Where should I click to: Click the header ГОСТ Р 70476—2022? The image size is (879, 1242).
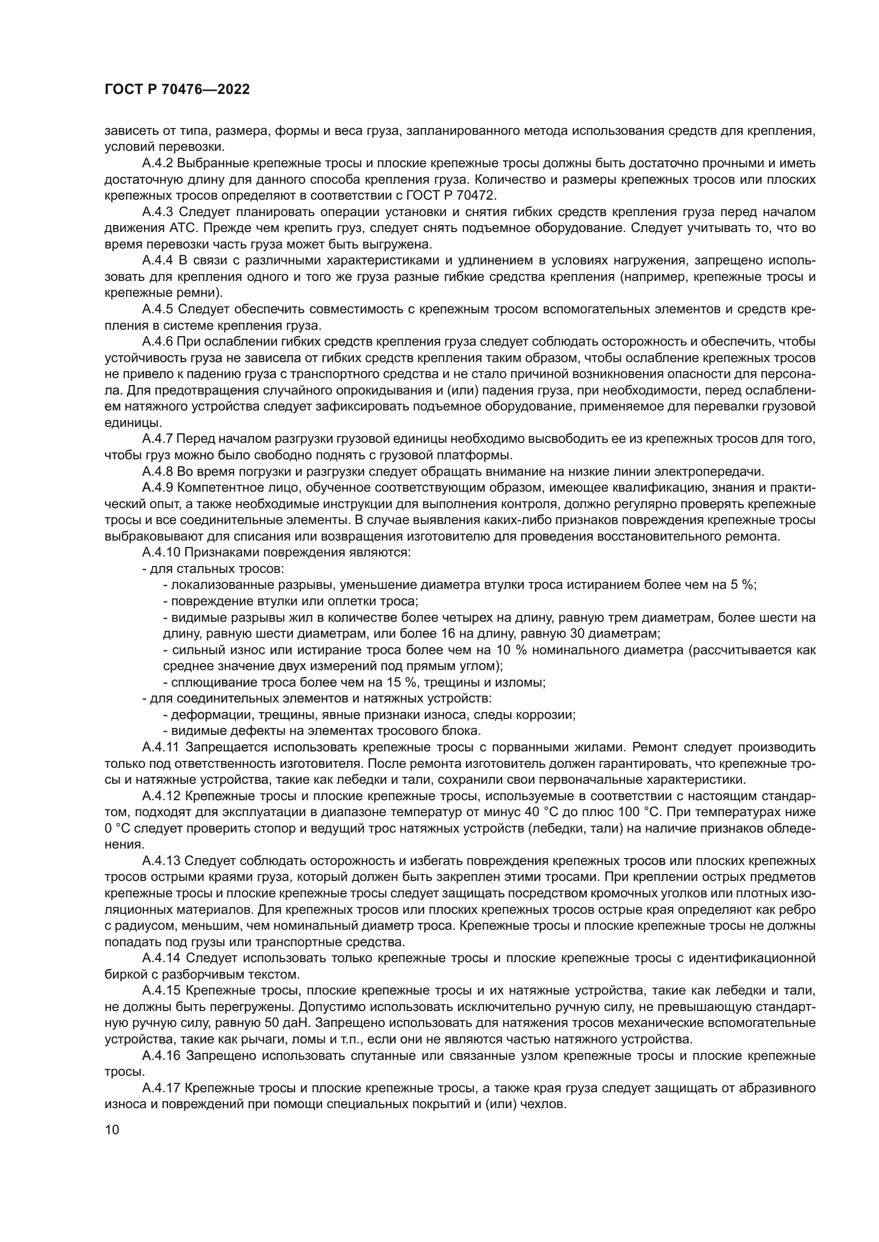point(177,90)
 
